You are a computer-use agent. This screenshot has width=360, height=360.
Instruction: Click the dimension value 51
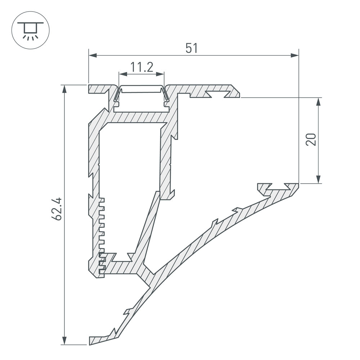click(x=192, y=48)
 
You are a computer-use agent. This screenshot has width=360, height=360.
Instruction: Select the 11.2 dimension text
click(x=141, y=67)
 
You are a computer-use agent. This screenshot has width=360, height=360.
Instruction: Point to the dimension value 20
click(x=311, y=139)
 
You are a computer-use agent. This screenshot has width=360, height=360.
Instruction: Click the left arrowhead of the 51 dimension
click(x=93, y=55)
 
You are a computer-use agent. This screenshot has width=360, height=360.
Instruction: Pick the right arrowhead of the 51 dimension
click(x=294, y=55)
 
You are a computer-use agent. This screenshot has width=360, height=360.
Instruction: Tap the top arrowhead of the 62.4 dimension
click(x=65, y=89)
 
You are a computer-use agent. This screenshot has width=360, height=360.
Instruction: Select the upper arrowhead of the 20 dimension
click(x=318, y=102)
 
